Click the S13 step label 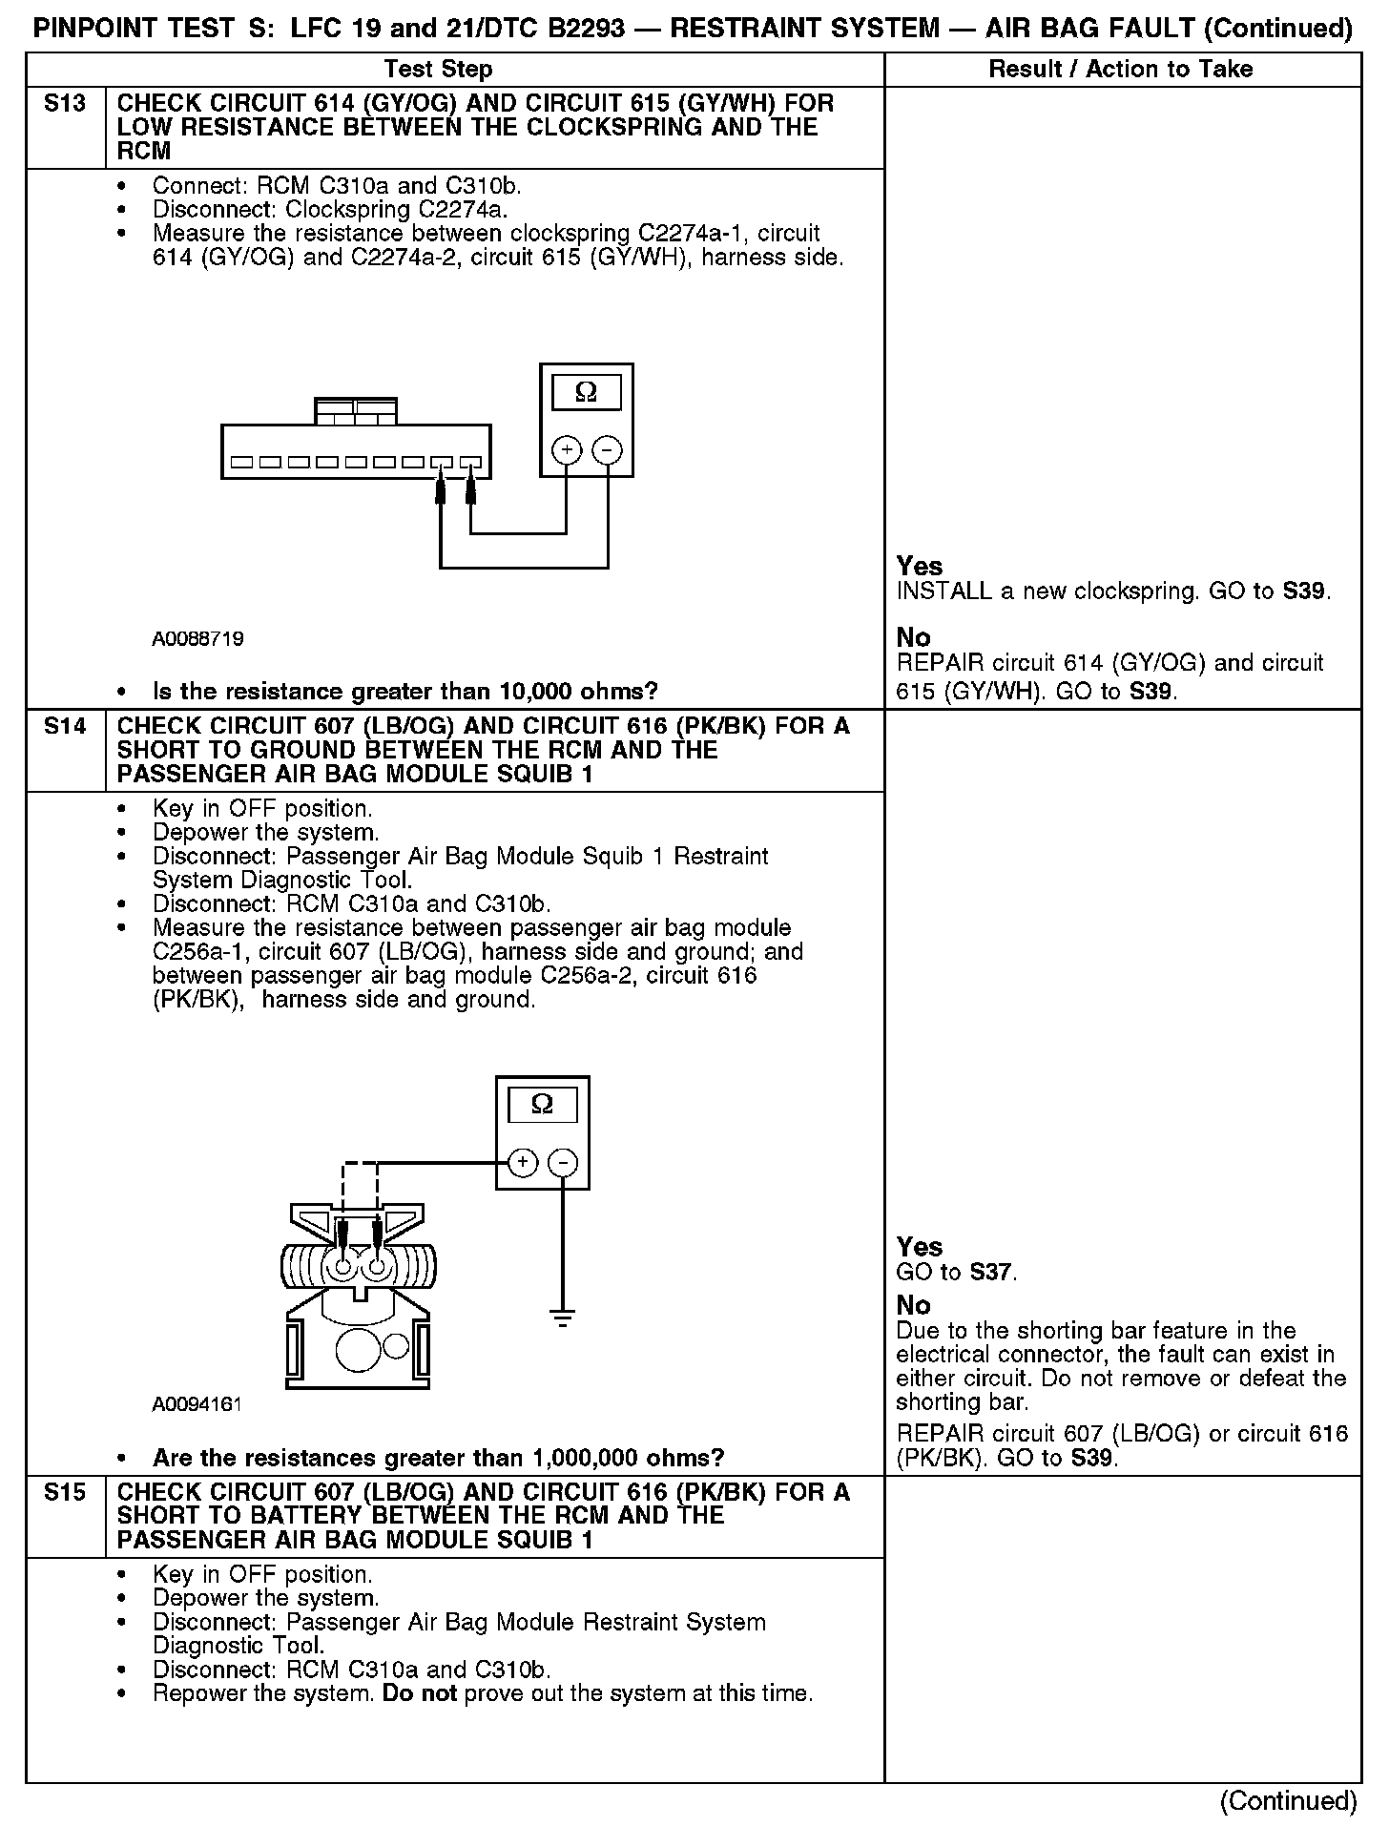point(65,103)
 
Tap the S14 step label point(65,726)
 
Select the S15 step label point(65,1492)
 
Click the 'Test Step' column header point(438,69)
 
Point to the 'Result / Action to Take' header point(1120,69)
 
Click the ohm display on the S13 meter point(586,392)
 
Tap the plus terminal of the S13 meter point(567,449)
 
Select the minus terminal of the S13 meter point(608,449)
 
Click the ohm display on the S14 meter point(542,1105)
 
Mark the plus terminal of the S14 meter point(523,1162)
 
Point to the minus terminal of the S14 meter point(564,1162)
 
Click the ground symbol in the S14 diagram point(564,1319)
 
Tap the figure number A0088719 point(197,638)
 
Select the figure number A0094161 point(197,1404)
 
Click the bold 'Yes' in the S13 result point(920,566)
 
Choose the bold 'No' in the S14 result point(913,1305)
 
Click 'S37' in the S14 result point(992,1272)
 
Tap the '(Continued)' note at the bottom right point(1288,1800)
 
